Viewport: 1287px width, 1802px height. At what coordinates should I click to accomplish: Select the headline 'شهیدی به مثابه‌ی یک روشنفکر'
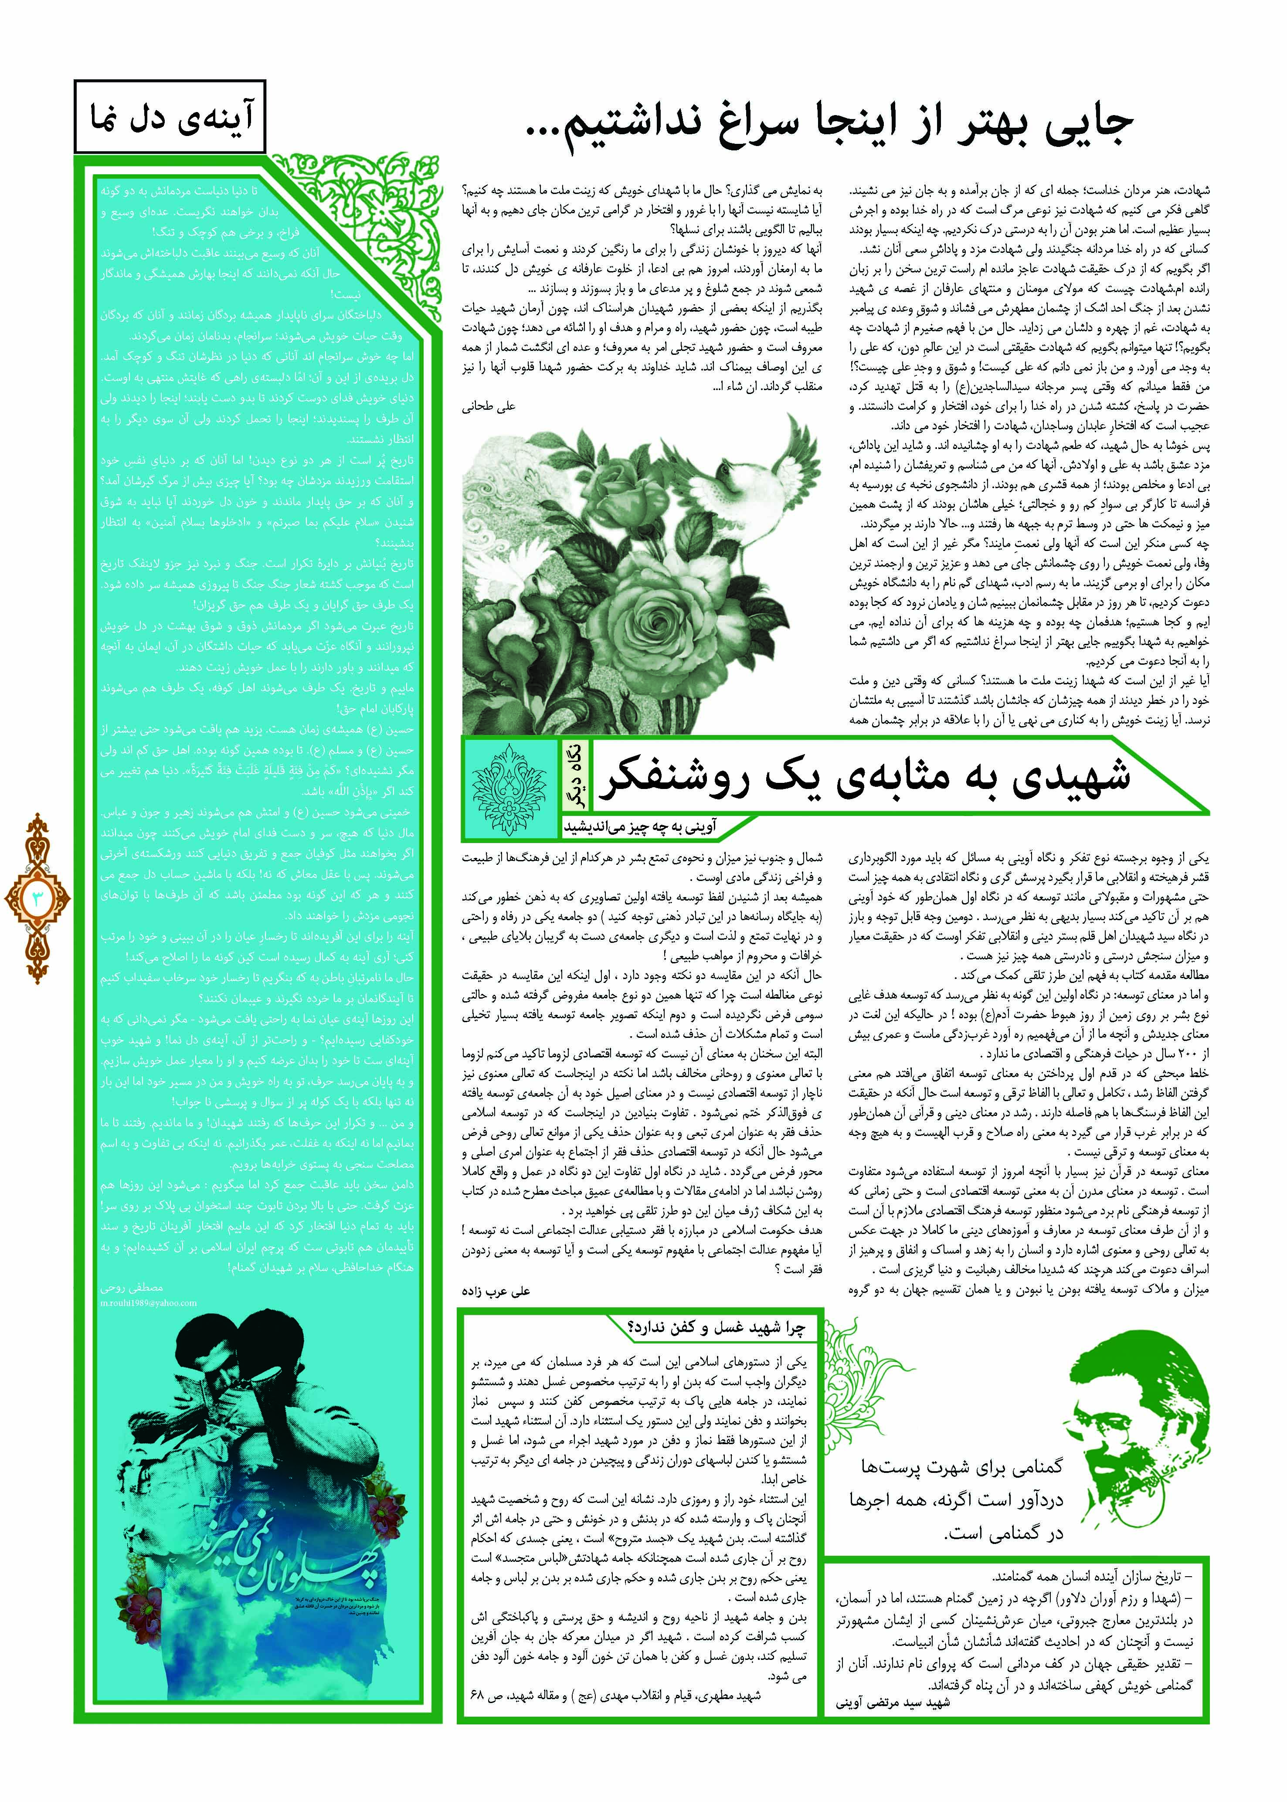[x=864, y=777]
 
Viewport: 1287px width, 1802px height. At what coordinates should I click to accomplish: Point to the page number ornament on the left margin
[x=37, y=898]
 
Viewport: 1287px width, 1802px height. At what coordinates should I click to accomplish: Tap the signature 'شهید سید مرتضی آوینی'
[x=892, y=1702]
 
